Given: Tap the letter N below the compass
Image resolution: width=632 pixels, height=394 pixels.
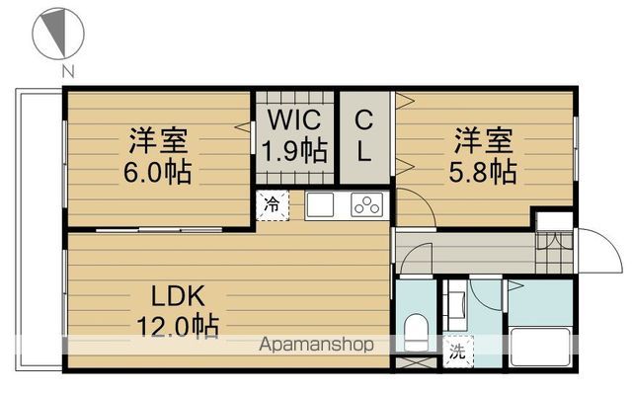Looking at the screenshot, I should point(67,70).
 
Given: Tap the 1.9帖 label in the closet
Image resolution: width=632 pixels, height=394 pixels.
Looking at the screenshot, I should point(294,151).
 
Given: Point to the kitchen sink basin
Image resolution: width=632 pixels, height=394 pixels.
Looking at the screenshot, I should point(323,205).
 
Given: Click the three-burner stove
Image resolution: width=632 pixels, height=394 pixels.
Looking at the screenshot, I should point(366,205).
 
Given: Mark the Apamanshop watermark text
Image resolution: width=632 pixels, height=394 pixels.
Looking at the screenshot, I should point(316,346).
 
